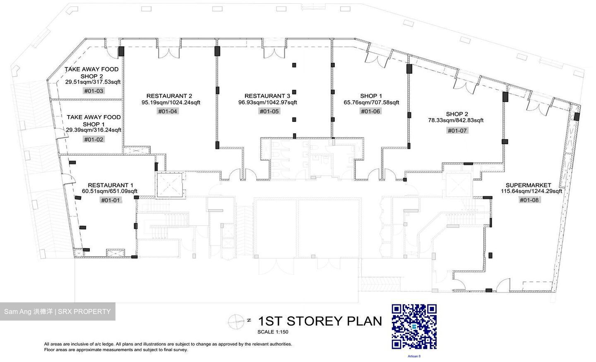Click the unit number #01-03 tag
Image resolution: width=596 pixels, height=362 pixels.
94,91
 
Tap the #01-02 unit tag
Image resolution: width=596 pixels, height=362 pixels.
94,140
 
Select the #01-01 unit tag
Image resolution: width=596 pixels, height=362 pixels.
111,200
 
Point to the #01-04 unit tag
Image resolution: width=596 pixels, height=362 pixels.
168,111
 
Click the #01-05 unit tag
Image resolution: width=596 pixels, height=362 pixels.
269,111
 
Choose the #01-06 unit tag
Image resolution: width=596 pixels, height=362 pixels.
370,111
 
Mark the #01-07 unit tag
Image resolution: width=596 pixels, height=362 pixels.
457,130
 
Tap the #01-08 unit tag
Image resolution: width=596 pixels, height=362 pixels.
529,200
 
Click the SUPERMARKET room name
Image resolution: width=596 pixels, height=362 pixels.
529,185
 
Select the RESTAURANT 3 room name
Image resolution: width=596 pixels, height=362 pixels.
267,96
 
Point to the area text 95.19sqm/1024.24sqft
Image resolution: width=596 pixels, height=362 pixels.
171,102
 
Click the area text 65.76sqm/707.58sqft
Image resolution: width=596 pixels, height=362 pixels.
371,102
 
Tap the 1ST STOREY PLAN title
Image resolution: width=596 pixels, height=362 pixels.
320,321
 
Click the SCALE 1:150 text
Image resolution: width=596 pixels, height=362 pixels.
273,332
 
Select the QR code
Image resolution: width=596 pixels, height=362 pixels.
414,327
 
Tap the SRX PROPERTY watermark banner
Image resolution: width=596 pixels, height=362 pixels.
58,311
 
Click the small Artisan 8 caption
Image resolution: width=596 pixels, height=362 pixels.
414,356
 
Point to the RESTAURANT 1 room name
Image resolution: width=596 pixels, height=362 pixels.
111,185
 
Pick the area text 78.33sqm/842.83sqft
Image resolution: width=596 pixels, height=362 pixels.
456,120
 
